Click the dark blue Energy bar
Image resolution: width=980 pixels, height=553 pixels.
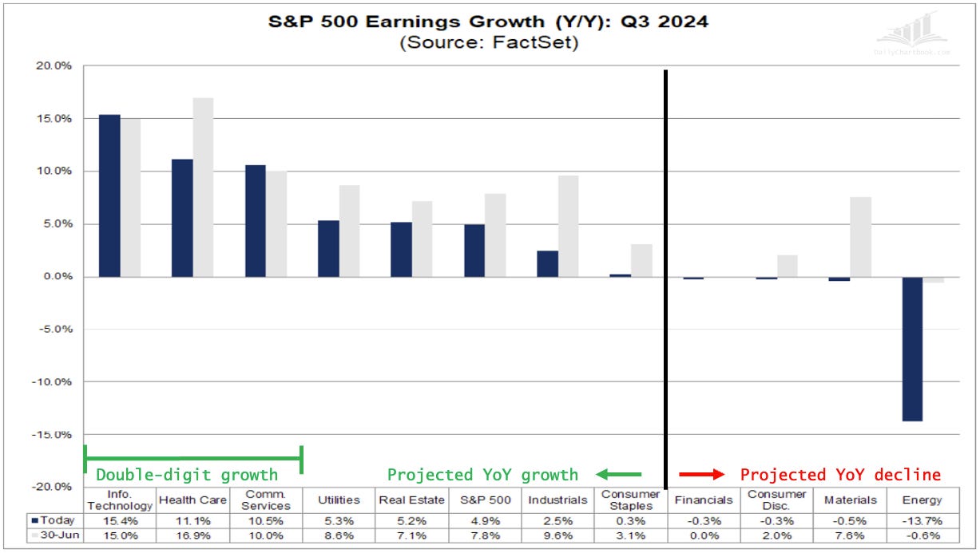[x=913, y=349]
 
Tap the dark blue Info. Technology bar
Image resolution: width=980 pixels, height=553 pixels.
[x=109, y=196]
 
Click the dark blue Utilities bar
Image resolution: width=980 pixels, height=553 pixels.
[x=329, y=248]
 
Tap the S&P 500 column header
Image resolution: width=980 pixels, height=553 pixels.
[x=486, y=500]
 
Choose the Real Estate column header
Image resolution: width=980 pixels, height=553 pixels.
[x=412, y=500]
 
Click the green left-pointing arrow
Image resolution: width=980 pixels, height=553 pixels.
[x=618, y=475]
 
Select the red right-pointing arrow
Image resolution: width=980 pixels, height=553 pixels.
[x=701, y=475]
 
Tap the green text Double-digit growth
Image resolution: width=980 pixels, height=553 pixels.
[x=187, y=476]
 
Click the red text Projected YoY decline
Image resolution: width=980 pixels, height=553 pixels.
[x=840, y=475]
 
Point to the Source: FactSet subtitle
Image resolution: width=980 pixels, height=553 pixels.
[x=488, y=43]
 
